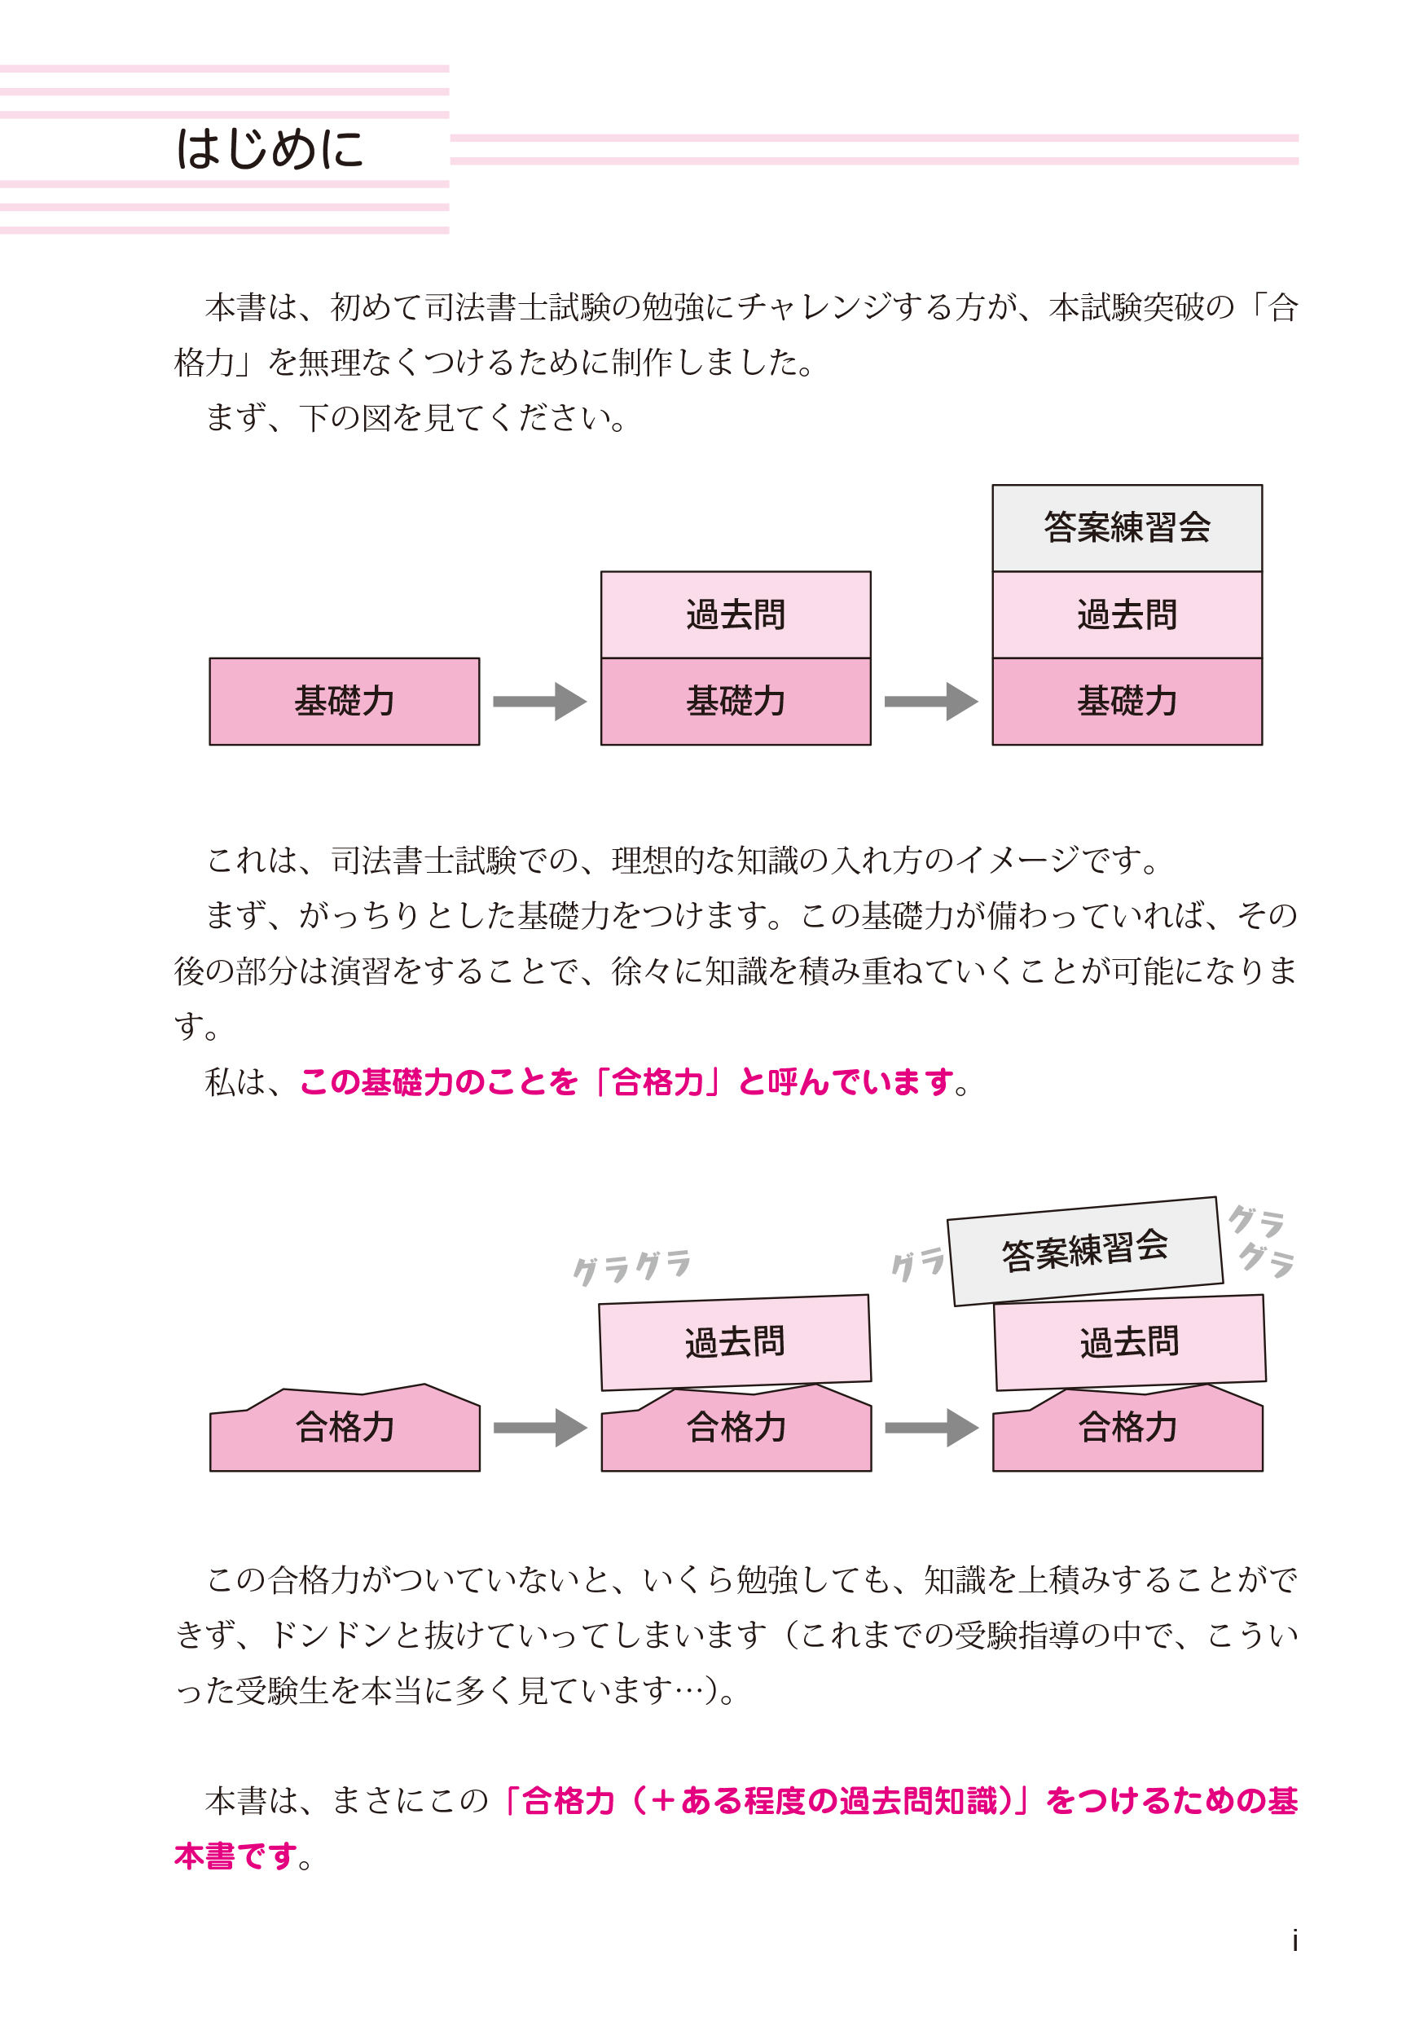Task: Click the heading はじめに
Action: pos(270,149)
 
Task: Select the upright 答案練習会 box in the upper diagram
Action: pos(1127,527)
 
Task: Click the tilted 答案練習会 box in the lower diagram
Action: pos(1084,1250)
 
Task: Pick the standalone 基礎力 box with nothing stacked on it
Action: pos(344,702)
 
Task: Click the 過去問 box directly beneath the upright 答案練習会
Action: pos(1127,614)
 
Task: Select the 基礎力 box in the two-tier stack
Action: pos(736,702)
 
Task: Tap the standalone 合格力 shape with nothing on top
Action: pos(344,1428)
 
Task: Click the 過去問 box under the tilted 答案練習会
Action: pos(1129,1342)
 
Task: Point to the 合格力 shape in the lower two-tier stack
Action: pos(736,1428)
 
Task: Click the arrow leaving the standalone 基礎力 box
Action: pos(538,702)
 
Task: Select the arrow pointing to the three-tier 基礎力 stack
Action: pos(930,702)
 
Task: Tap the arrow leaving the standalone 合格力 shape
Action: pos(538,1428)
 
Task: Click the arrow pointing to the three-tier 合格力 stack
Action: pos(930,1428)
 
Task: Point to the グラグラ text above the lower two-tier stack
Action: pos(631,1266)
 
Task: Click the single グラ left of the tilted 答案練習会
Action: pos(917,1264)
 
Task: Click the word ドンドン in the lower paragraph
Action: pos(332,1635)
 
